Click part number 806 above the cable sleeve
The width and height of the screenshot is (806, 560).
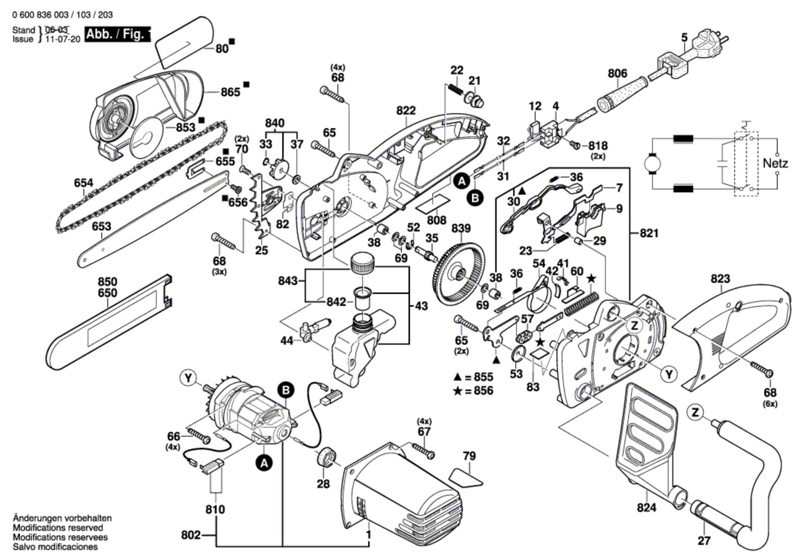point(617,74)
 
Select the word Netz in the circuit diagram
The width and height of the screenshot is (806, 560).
point(775,163)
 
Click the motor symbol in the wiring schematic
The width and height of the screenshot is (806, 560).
point(654,163)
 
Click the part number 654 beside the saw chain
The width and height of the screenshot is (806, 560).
point(83,183)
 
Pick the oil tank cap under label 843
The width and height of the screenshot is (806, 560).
point(362,263)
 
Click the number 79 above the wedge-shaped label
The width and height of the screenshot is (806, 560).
point(469,456)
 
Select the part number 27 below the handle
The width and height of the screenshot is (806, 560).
point(704,540)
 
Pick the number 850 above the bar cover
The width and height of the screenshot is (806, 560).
point(107,282)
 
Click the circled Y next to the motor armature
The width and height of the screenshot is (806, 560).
point(188,378)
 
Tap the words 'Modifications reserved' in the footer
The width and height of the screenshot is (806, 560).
point(58,527)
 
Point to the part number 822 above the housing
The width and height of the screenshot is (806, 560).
point(406,110)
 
